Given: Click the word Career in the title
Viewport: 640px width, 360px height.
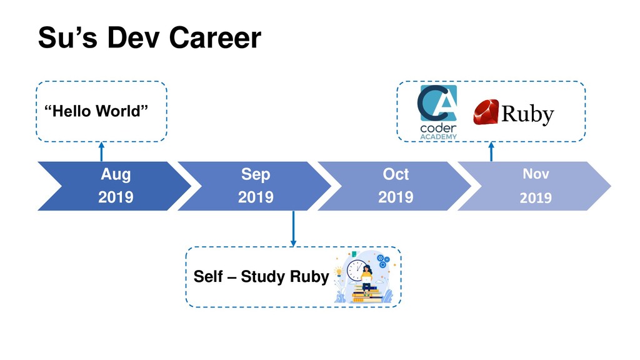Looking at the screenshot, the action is click(215, 37).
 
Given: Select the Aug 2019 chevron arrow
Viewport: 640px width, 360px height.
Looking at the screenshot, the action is click(115, 186).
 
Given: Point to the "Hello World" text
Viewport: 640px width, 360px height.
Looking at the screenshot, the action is click(96, 111).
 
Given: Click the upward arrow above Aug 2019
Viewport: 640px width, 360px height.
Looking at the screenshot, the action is click(101, 151).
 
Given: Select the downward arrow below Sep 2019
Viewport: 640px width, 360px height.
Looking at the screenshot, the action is click(293, 229).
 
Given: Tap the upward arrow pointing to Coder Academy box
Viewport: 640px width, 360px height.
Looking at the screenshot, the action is click(491, 151).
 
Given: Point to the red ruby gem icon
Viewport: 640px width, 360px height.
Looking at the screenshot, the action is click(486, 112).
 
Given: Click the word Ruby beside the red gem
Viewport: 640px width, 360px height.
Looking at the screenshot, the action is click(527, 114).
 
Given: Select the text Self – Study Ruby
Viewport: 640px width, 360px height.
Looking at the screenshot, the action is click(261, 276).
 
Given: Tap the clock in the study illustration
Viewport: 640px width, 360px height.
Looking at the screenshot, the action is click(356, 270).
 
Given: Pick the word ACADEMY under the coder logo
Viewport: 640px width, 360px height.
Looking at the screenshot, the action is click(438, 137).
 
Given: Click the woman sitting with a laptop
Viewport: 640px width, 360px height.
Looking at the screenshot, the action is click(366, 277).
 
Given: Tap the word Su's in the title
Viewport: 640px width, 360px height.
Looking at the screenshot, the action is click(67, 37).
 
